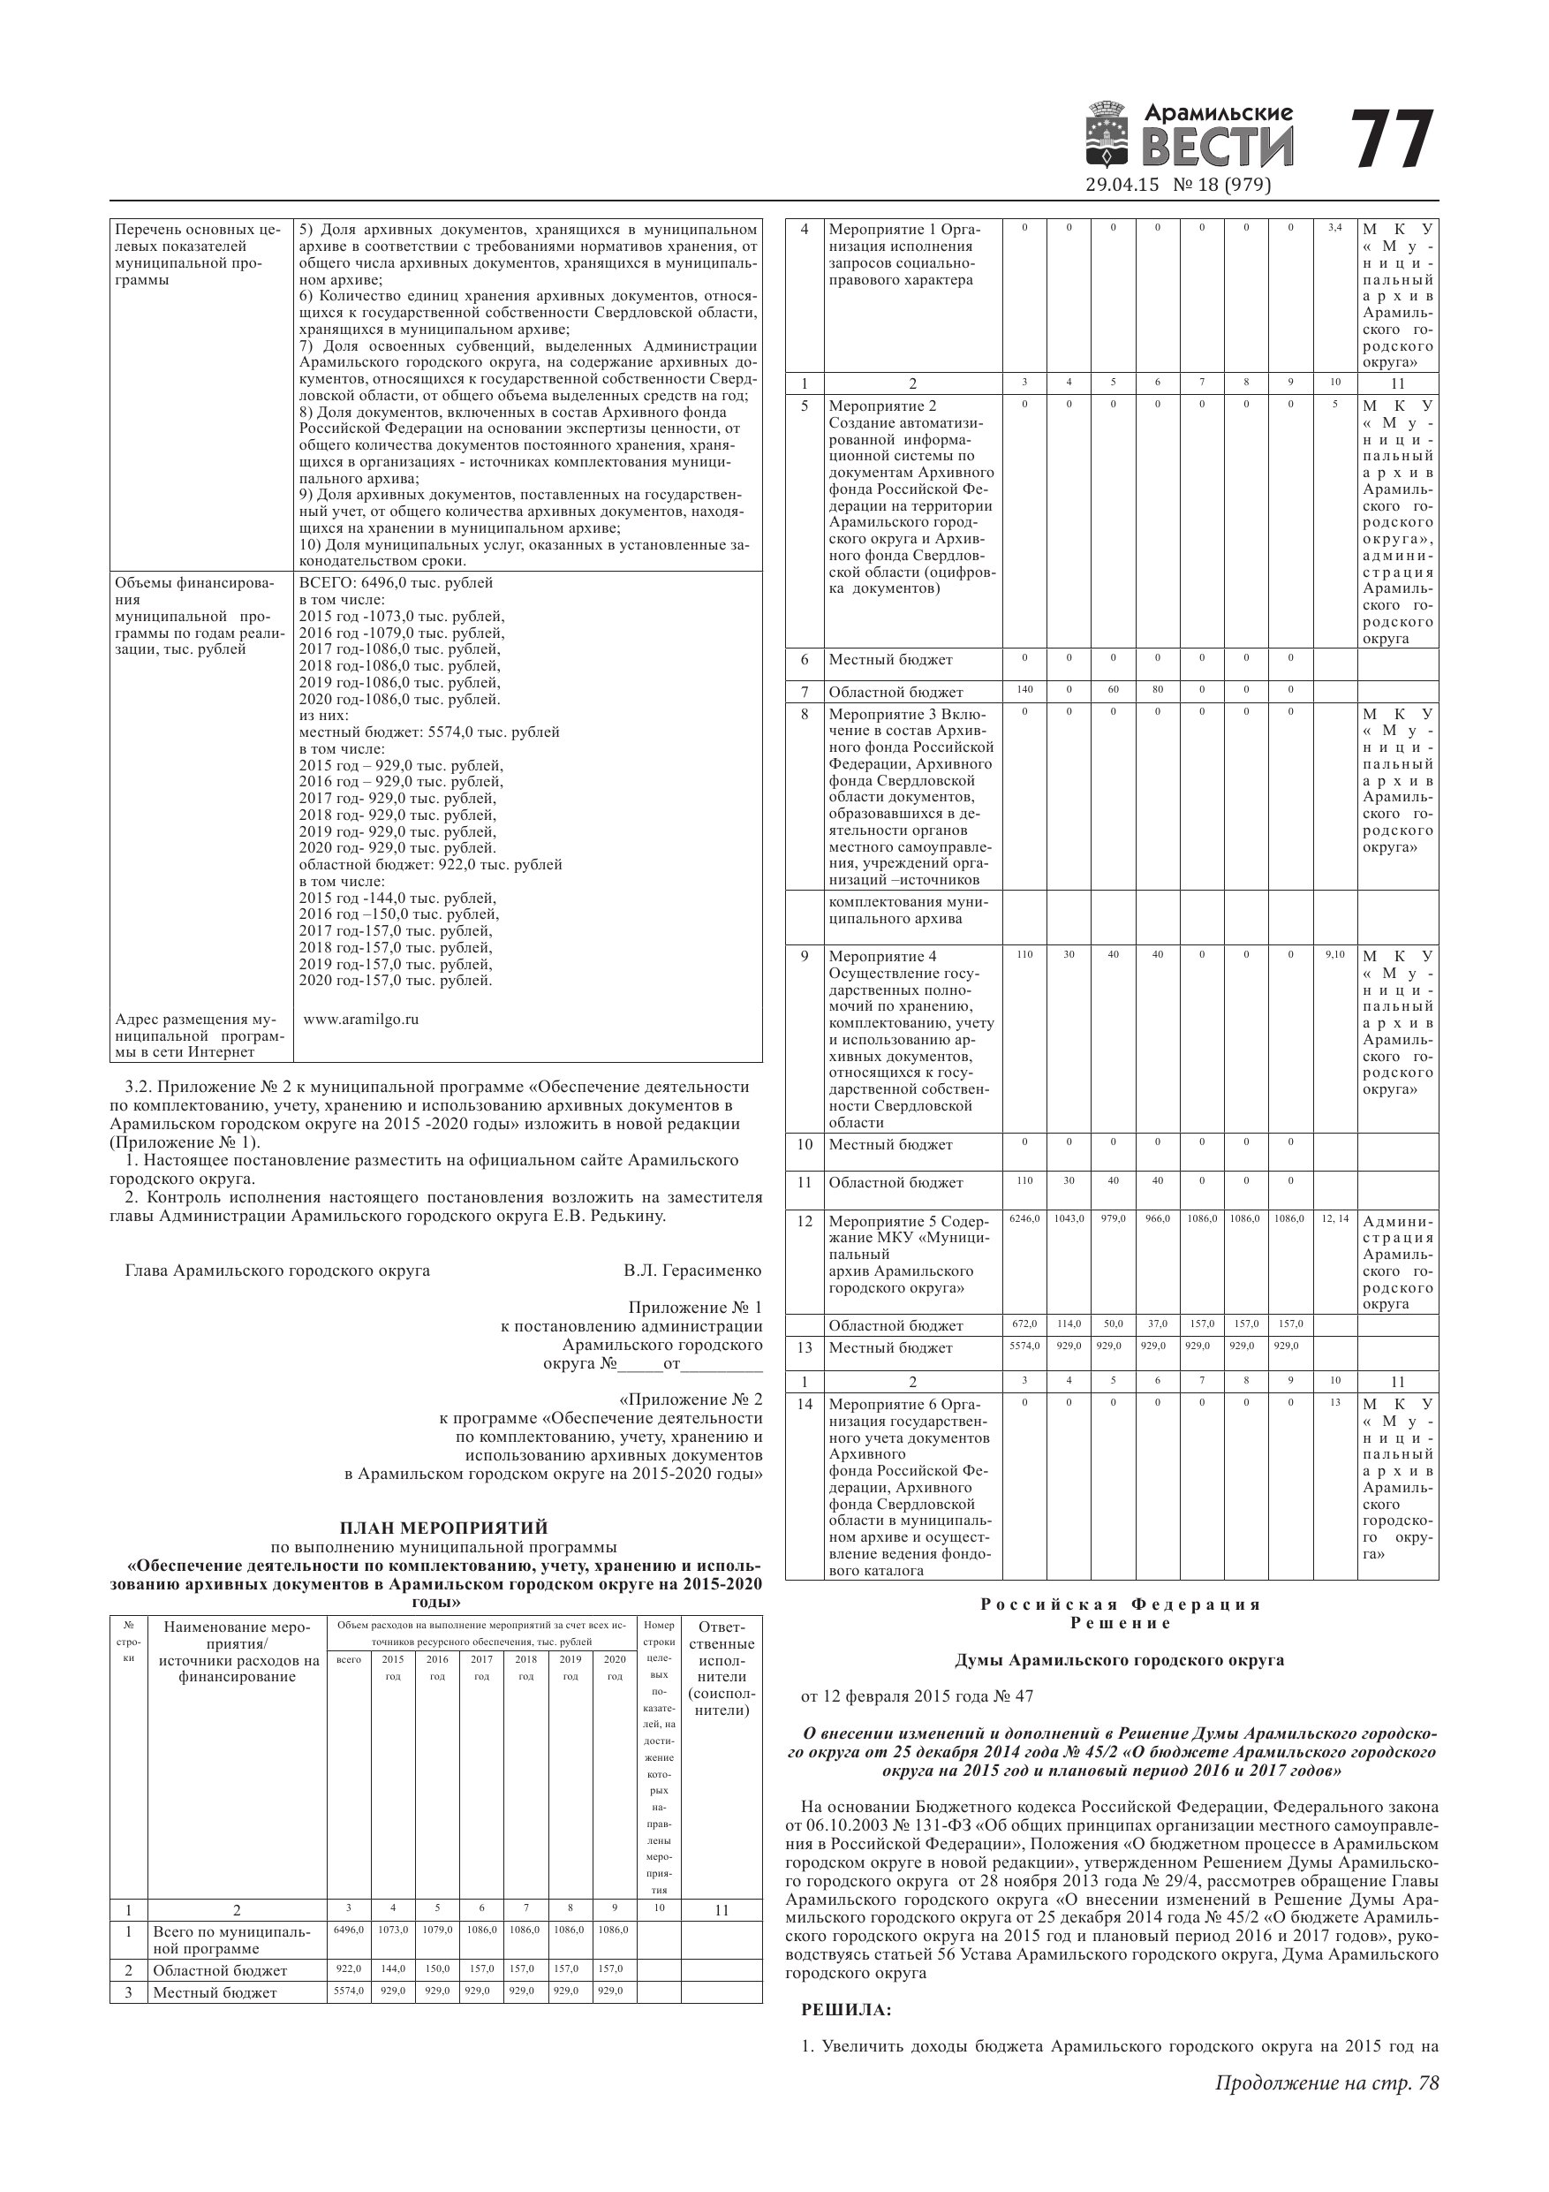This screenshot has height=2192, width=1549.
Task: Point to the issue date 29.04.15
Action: [1122, 185]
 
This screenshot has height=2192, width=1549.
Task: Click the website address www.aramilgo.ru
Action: [361, 1019]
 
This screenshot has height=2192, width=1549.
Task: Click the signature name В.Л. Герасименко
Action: [692, 1270]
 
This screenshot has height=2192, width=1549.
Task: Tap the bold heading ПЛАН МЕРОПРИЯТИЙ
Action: [444, 1528]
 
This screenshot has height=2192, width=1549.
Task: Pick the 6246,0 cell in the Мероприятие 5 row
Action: [1024, 1219]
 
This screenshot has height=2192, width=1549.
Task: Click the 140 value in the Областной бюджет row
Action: [1024, 689]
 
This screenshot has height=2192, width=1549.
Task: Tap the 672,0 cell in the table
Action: [1024, 1324]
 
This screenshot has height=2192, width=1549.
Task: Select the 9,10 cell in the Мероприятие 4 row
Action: [1334, 953]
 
